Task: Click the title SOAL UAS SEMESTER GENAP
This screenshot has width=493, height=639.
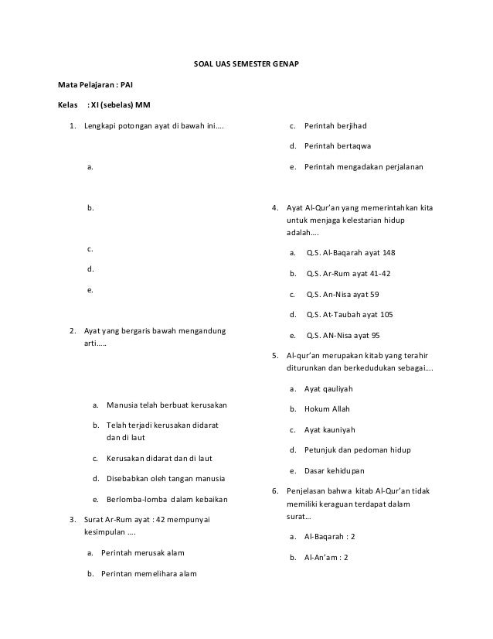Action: click(246, 62)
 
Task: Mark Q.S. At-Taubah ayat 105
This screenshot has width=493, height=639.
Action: click(349, 315)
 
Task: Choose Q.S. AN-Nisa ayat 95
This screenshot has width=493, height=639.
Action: click(343, 336)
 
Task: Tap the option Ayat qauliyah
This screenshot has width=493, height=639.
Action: click(333, 388)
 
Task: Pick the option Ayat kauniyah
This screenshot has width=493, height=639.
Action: click(333, 429)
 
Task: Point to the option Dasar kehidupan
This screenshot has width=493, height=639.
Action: click(336, 470)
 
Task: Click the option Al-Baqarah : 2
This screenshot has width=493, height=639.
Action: click(330, 535)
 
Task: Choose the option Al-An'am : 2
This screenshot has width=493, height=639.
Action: click(327, 556)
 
